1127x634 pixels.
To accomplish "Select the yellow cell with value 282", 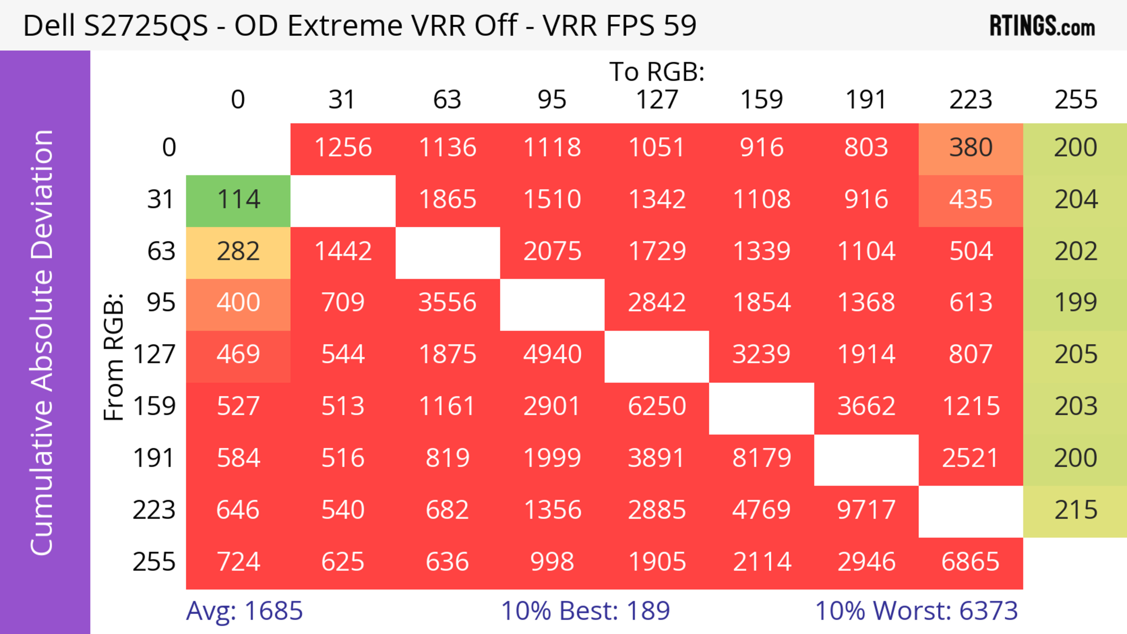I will tap(238, 252).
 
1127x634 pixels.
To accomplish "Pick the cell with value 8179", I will tap(762, 459).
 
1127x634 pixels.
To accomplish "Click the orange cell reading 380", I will tap(971, 148).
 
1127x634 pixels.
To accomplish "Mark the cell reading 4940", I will tap(552, 355).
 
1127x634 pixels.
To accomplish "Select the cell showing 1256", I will tap(343, 148).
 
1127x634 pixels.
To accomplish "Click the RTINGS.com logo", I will tap(1042, 26).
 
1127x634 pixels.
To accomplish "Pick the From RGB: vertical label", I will tap(114, 356).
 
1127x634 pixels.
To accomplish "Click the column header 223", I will tap(971, 100).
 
